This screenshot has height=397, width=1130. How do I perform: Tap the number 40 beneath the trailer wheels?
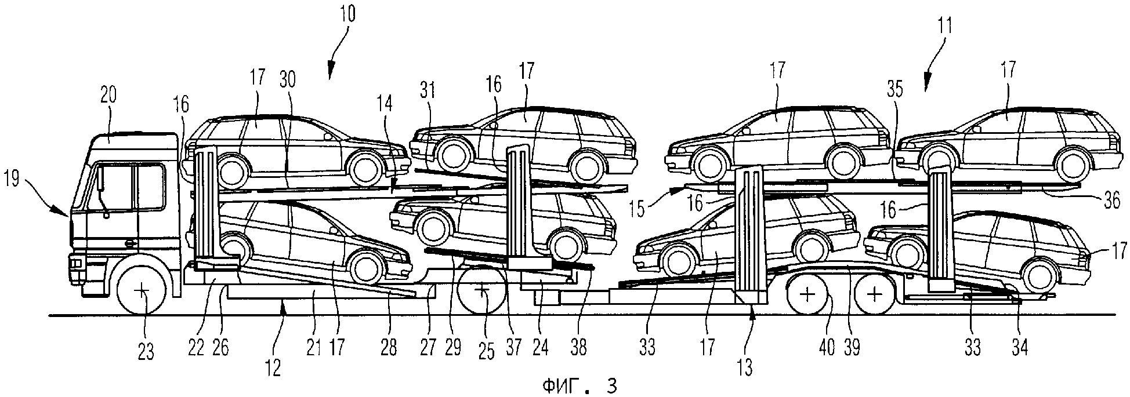coord(826,348)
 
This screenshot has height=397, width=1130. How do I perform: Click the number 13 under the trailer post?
coord(745,366)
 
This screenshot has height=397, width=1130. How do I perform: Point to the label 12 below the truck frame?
coord(273,366)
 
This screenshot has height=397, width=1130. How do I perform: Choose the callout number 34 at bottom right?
coord(1019,348)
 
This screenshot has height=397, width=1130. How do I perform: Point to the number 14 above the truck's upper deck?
coord(384,104)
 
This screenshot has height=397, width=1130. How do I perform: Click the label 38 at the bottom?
coord(578,348)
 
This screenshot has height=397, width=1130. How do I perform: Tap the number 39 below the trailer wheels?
coord(852,348)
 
